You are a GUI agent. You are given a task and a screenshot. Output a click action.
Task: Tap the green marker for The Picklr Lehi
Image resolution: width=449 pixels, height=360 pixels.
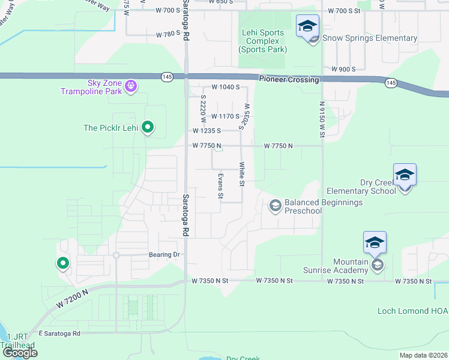click(148, 128)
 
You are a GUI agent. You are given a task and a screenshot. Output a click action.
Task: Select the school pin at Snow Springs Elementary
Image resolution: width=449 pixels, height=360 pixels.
click(307, 28)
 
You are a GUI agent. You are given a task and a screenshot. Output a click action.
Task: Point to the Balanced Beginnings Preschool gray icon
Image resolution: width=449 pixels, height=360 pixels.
click(276, 206)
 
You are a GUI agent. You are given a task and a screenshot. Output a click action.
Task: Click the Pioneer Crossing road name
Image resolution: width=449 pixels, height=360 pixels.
click(289, 79)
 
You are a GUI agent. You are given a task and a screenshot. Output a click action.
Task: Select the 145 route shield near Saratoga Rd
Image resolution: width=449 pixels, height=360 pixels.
click(167, 76)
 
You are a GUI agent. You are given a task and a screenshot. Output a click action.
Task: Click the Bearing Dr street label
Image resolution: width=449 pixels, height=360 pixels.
click(164, 255)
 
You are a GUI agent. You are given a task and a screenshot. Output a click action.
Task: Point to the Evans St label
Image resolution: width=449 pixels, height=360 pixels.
click(220, 186)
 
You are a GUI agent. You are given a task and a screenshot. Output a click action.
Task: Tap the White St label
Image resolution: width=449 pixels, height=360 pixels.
click(242, 174)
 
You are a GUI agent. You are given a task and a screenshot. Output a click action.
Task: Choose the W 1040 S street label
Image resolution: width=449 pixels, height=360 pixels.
click(225, 88)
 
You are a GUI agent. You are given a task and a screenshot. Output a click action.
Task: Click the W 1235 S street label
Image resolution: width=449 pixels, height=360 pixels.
click(207, 130)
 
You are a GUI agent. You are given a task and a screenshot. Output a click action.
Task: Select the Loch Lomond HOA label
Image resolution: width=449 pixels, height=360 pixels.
click(412, 311)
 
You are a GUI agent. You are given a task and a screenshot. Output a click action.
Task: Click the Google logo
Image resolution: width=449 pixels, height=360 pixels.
click(20, 353)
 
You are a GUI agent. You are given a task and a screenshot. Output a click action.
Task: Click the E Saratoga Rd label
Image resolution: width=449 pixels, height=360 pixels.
click(59, 333)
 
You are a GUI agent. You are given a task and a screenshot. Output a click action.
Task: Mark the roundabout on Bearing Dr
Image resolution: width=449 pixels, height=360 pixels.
click(116, 255)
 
